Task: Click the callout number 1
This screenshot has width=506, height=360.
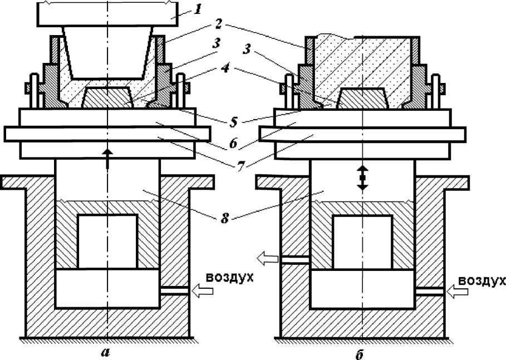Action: click(x=198, y=9)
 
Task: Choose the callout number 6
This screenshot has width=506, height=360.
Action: click(x=233, y=144)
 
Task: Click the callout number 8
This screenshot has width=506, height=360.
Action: click(x=225, y=218)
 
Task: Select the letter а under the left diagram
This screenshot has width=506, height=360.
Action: click(x=105, y=352)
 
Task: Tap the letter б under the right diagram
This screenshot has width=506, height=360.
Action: click(x=360, y=353)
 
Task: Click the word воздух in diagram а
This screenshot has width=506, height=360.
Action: click(x=229, y=278)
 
